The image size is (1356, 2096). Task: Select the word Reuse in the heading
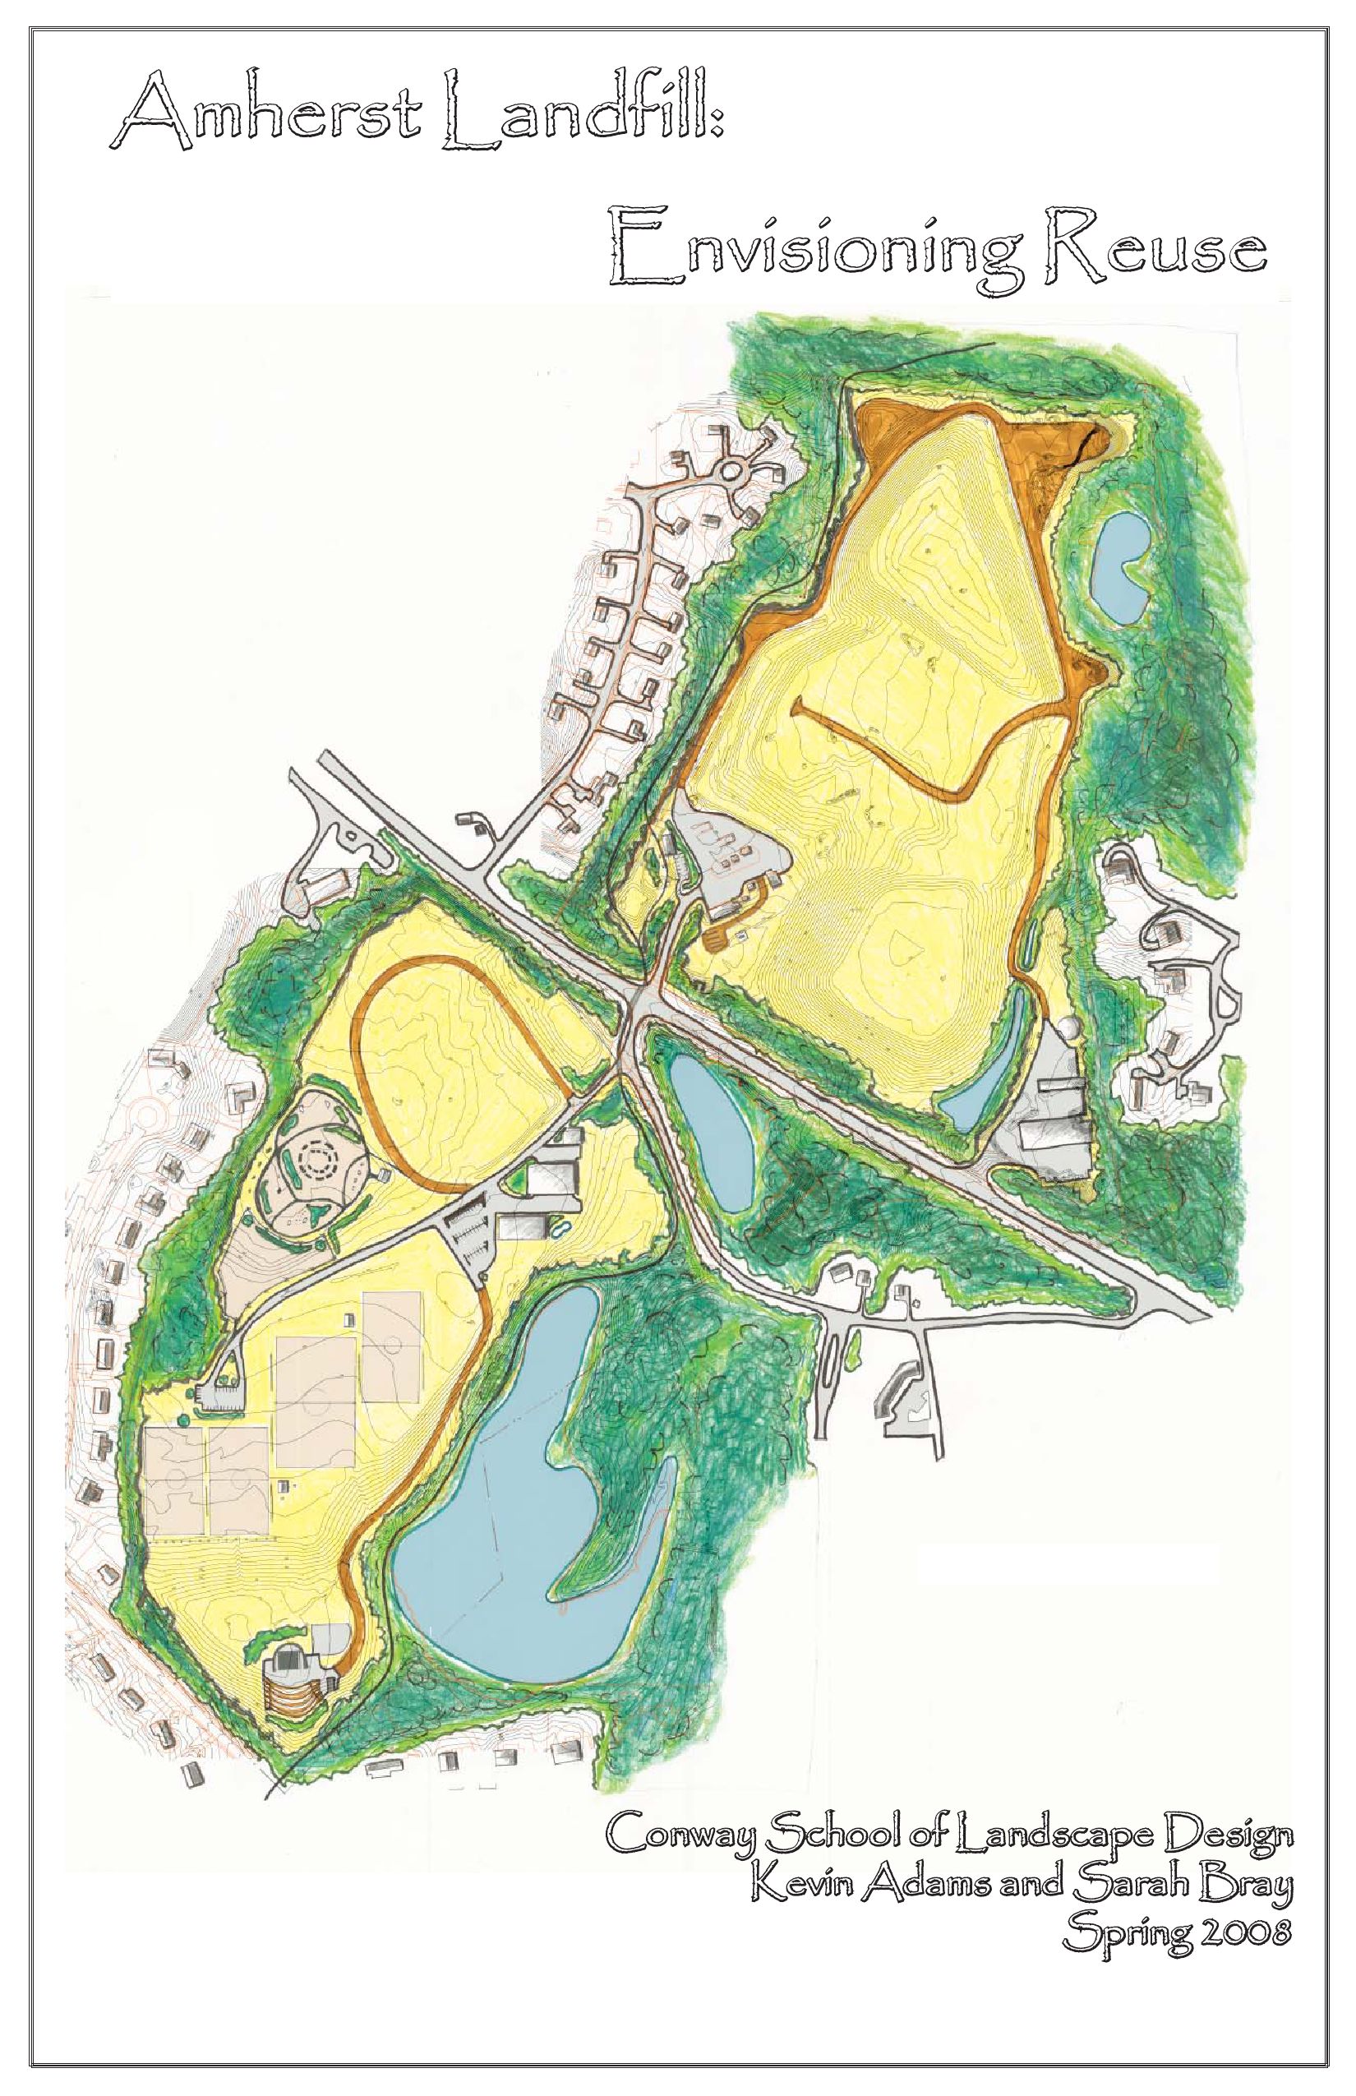(x=1154, y=247)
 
